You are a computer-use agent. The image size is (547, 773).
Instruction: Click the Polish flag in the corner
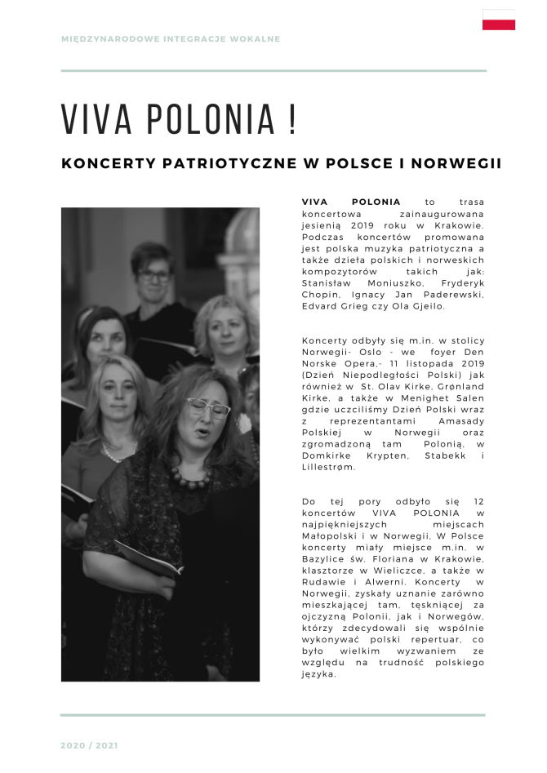click(x=498, y=20)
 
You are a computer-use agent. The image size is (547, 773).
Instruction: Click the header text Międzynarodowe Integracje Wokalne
click(x=171, y=38)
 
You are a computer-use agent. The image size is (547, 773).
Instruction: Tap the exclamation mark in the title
click(x=291, y=119)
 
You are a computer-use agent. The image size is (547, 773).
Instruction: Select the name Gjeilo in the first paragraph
click(x=427, y=305)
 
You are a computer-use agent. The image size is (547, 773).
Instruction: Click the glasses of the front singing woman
click(x=209, y=407)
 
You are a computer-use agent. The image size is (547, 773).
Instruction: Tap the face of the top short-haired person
click(x=153, y=275)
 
